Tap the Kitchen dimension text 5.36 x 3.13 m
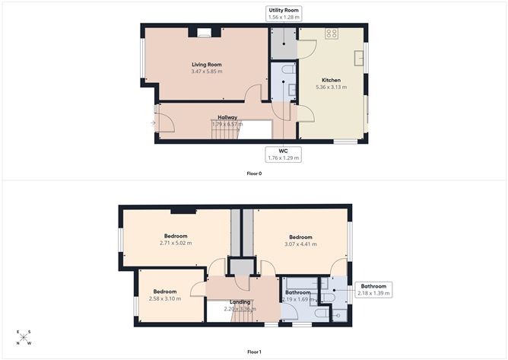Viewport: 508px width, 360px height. (x=331, y=88)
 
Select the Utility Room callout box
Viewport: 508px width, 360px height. (x=284, y=13)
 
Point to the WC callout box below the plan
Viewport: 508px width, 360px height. (x=283, y=155)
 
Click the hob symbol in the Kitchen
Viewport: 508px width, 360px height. (x=332, y=33)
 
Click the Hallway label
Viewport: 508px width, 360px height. (x=228, y=117)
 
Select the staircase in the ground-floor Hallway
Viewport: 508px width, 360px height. (x=225, y=132)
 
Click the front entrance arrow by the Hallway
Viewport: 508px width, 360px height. (x=153, y=122)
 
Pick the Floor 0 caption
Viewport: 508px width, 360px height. (x=254, y=174)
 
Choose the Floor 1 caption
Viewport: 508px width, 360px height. (x=254, y=352)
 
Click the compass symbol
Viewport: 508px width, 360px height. (x=24, y=337)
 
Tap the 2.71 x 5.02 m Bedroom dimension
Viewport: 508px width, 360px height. (x=175, y=244)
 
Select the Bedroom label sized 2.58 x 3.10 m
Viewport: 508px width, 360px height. (x=165, y=292)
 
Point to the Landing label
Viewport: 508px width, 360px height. (x=240, y=302)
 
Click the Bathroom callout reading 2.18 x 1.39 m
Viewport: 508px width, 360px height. (x=373, y=289)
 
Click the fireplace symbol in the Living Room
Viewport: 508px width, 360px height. (x=204, y=33)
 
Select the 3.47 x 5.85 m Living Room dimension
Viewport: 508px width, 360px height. (x=206, y=72)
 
